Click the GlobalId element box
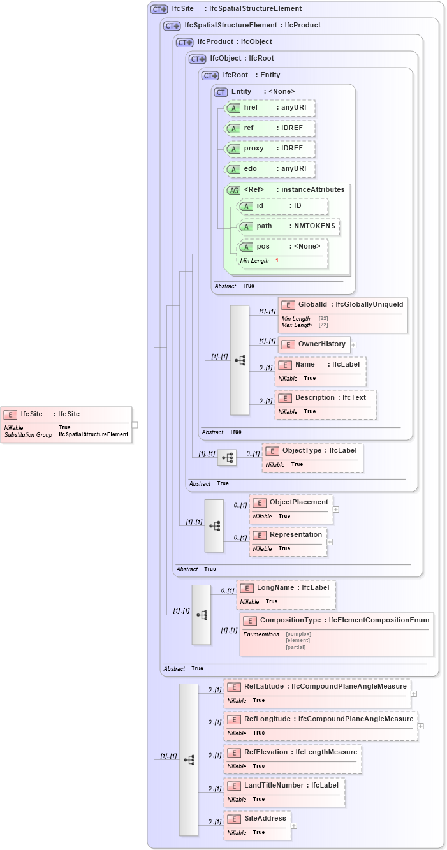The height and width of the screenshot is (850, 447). coord(342,314)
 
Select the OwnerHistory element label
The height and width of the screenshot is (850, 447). coord(321,344)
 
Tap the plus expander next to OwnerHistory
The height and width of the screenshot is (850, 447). coord(353,345)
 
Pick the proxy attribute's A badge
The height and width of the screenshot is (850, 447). coord(233,149)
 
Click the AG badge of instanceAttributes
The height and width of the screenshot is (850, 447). coord(233,190)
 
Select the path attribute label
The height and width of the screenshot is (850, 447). coord(264,226)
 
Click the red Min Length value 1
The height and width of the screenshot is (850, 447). coord(277,261)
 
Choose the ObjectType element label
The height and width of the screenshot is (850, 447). coord(302,451)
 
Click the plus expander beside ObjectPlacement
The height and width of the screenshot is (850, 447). coord(336,509)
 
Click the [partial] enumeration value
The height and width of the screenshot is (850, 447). coord(295,647)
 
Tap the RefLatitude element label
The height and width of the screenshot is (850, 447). coord(265,687)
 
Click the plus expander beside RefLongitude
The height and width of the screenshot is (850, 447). coord(421,726)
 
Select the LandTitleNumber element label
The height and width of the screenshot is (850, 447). coord(274,786)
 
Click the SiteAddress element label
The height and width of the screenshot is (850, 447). coord(265,819)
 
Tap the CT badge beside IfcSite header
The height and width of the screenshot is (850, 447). coord(159,10)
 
